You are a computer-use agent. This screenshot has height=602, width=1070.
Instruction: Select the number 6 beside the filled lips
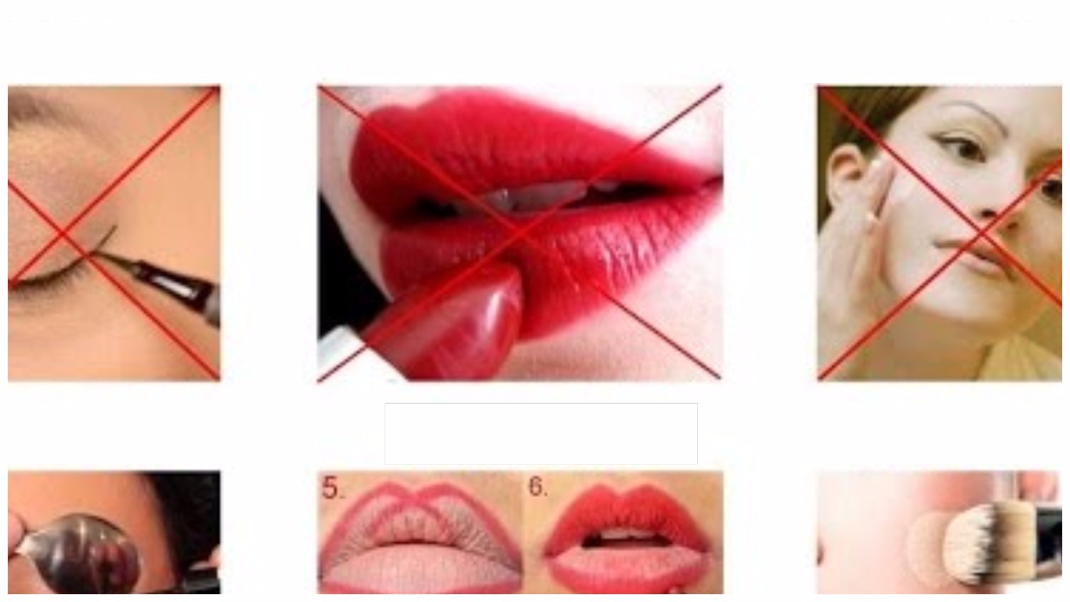538,487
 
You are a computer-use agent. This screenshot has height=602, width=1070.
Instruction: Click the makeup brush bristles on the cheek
974,544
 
